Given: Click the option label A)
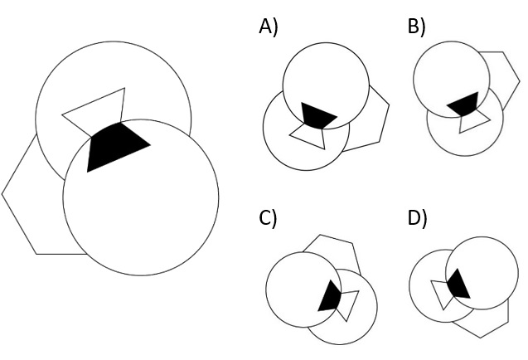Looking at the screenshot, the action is coord(269,27).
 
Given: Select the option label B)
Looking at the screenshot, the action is coord(417,27).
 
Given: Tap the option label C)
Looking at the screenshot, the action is coord(268,218).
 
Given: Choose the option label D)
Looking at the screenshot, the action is coord(417,218).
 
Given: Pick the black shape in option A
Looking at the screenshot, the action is coord(317,115).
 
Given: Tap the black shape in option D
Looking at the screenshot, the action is coord(458,285).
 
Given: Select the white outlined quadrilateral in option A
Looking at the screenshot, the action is coord(309,136).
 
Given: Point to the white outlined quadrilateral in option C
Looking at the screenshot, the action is coord(347,304).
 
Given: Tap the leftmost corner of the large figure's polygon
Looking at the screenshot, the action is coord(2,194).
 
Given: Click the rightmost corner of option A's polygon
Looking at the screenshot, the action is coord(390,105).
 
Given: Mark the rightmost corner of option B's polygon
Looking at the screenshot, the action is coord(520,81).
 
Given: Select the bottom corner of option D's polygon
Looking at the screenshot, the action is coord(481,338).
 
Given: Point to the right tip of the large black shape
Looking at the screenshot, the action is coord(150,145).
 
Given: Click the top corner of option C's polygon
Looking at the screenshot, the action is coord(320,235).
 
